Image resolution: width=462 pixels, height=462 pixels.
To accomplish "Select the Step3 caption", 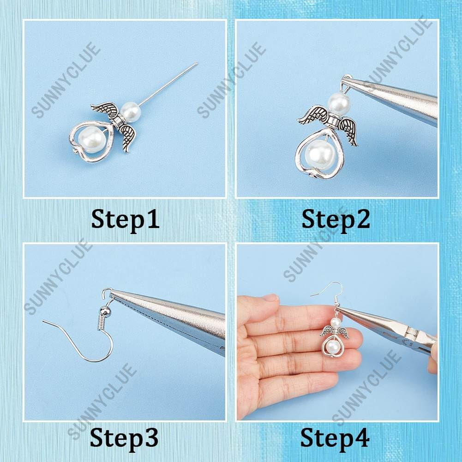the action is [124, 438].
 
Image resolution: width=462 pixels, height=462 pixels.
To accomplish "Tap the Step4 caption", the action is [335, 438].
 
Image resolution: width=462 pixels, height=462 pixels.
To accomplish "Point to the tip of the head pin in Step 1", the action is [197, 63].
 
